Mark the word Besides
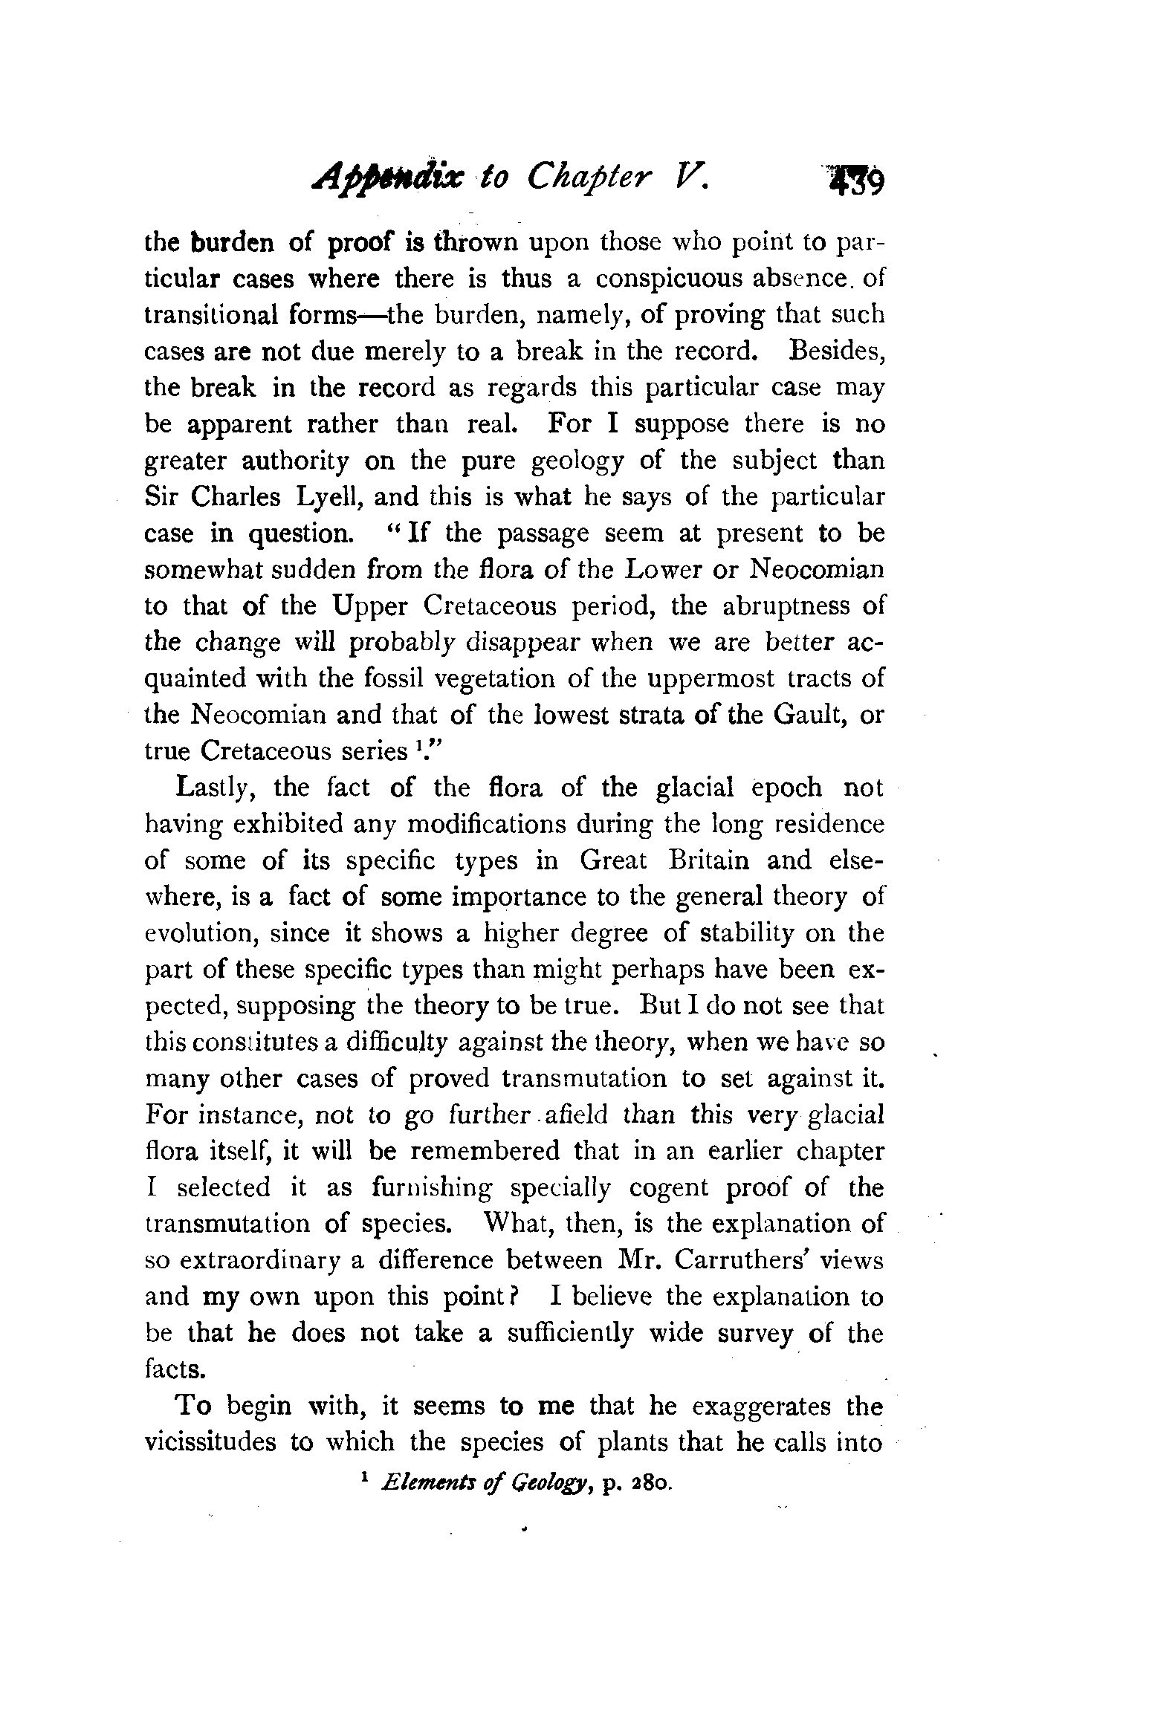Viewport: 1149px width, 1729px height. tap(837, 351)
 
